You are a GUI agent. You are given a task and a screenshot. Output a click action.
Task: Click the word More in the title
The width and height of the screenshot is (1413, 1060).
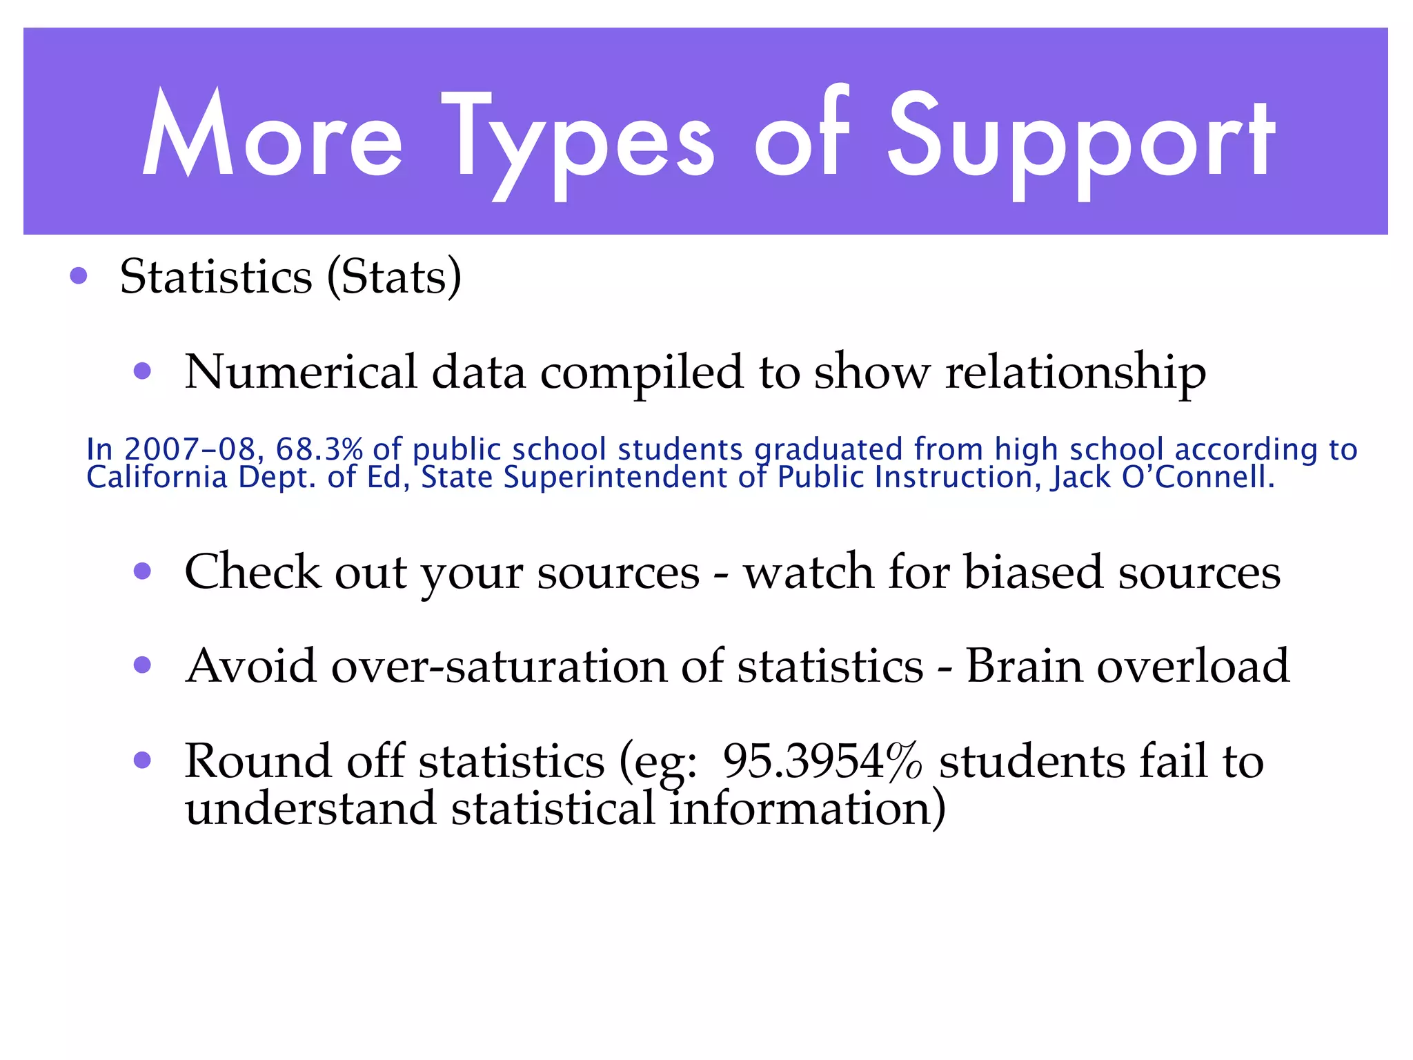point(272,135)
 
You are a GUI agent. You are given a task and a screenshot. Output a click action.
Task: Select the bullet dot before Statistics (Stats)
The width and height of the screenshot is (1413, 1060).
point(79,277)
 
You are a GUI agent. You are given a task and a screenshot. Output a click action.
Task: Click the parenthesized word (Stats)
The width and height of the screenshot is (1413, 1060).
point(394,277)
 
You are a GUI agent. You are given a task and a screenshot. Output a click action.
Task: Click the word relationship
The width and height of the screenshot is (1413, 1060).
point(1075,373)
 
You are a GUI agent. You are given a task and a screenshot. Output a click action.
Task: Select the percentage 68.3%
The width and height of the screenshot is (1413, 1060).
point(319,450)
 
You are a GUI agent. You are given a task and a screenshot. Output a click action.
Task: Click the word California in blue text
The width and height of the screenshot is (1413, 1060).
point(157,478)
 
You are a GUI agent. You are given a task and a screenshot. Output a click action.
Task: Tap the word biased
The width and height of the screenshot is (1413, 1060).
point(1033,572)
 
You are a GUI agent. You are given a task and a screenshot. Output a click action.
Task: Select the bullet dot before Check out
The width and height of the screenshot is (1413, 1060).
point(142,571)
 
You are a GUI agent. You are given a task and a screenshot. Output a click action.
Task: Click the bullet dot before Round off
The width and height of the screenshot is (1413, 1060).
point(142,760)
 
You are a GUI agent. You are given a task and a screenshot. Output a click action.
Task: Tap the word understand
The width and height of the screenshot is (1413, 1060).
point(310,808)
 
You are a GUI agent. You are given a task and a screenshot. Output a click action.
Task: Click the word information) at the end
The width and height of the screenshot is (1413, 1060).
point(807,808)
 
